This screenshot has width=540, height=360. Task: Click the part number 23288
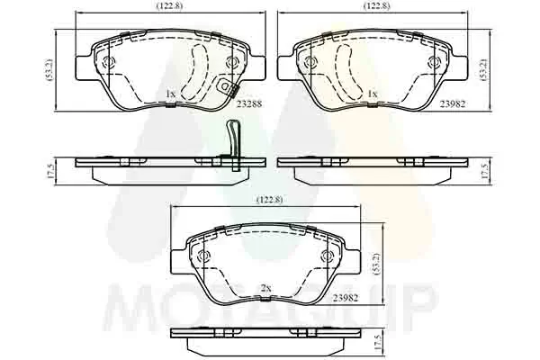(249, 103)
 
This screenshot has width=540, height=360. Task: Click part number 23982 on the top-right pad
(452, 103)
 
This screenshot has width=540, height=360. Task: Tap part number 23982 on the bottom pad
(346, 298)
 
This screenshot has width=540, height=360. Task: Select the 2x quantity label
(265, 289)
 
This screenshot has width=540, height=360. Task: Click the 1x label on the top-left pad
(170, 94)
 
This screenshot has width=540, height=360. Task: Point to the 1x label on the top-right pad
(373, 94)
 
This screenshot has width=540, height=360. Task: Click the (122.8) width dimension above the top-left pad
(169, 6)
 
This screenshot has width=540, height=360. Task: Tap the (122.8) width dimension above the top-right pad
(377, 6)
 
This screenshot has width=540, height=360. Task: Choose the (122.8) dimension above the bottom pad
(270, 200)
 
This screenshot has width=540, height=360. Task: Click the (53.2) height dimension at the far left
(50, 70)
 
